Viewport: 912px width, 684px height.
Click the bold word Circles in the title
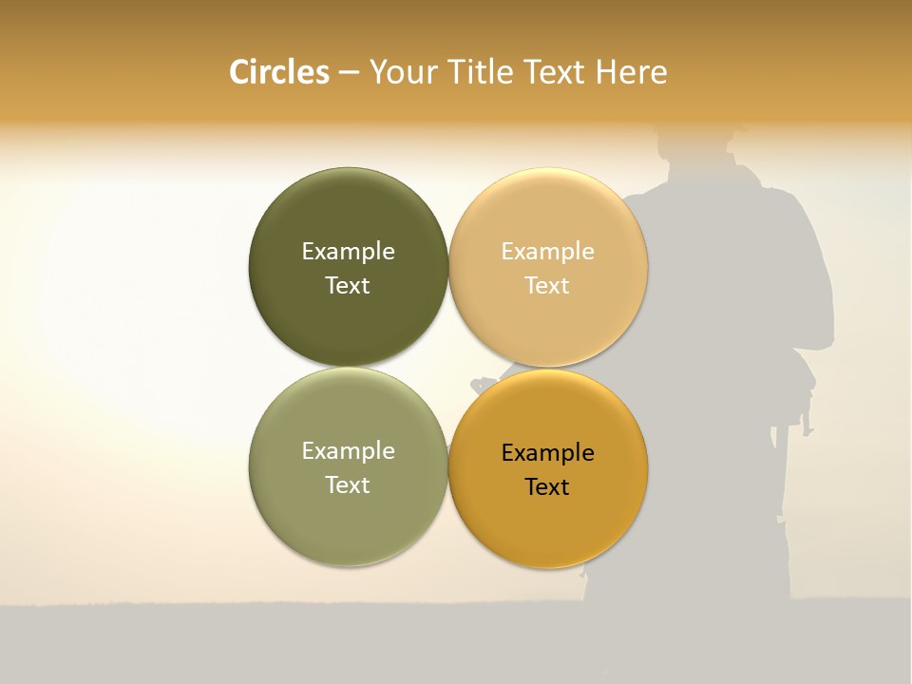click(278, 72)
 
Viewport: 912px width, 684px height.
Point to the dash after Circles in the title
click(349, 73)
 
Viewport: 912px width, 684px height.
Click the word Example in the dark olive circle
click(348, 251)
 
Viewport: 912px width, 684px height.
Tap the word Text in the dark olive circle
click(348, 285)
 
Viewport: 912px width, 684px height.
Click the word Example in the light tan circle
click(547, 251)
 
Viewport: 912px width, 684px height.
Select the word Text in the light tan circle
click(547, 285)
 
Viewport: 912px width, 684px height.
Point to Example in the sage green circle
click(348, 450)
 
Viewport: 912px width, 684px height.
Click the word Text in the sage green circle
click(348, 484)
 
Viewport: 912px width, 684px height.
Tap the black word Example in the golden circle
click(547, 452)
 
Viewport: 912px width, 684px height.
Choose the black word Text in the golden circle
click(547, 486)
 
